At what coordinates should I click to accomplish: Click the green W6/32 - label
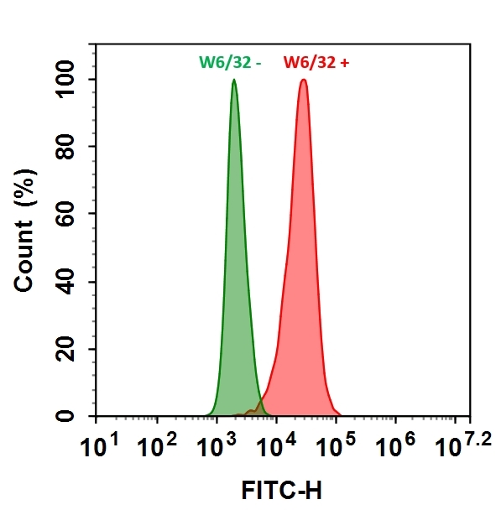tap(230, 62)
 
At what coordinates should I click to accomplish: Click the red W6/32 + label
tap(316, 62)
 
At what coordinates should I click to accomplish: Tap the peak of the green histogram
tap(233, 81)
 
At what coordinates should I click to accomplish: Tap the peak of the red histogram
tap(303, 81)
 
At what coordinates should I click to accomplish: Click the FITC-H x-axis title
tap(281, 488)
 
